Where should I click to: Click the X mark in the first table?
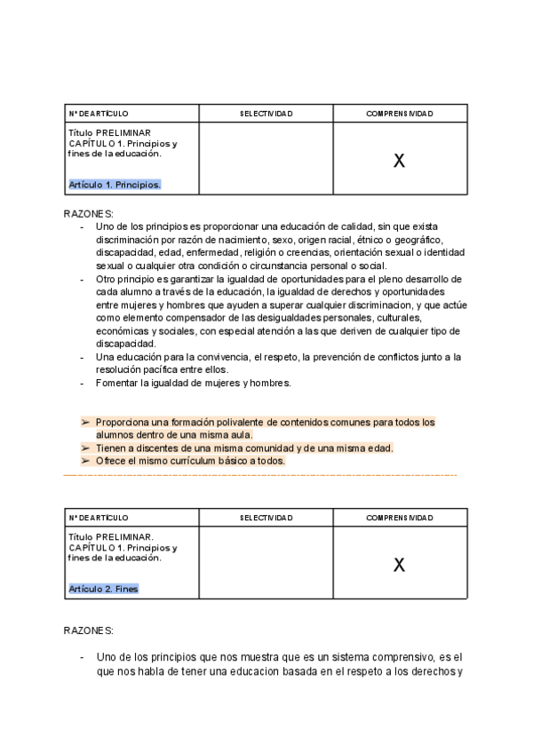pos(399,161)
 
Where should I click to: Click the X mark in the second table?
pos(399,564)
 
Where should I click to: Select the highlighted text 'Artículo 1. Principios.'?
pos(115,185)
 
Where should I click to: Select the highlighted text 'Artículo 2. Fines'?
pos(103,589)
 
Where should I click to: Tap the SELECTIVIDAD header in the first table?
pos(266,114)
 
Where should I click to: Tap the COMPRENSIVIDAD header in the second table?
pos(399,517)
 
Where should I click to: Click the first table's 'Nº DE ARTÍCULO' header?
pos(99,114)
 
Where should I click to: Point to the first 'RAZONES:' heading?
pos(89,214)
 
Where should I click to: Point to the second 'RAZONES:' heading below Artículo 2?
pos(89,630)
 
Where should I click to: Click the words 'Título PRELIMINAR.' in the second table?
pos(111,537)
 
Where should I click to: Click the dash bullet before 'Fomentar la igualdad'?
pos(83,383)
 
